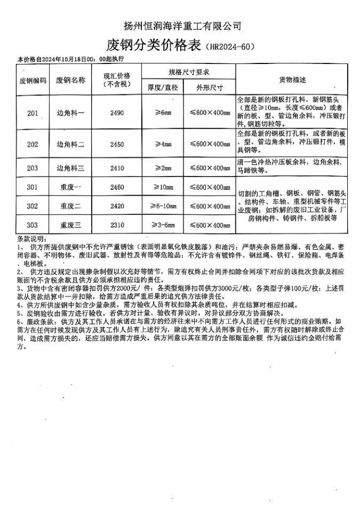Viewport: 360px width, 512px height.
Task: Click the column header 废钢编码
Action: click(x=33, y=81)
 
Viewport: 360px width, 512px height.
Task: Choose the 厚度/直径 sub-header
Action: click(x=163, y=87)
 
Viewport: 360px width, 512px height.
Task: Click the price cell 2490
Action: click(x=116, y=113)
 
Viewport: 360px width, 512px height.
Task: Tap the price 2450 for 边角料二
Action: click(x=116, y=145)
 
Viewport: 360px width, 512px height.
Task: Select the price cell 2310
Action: click(x=116, y=226)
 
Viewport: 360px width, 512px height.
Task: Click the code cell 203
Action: click(x=33, y=168)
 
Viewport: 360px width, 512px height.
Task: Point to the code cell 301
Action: click(x=33, y=187)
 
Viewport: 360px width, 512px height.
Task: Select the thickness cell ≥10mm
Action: click(x=163, y=187)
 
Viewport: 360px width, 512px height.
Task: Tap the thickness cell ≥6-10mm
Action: click(x=163, y=206)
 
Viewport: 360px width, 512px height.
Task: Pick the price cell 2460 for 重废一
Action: click(x=116, y=187)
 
